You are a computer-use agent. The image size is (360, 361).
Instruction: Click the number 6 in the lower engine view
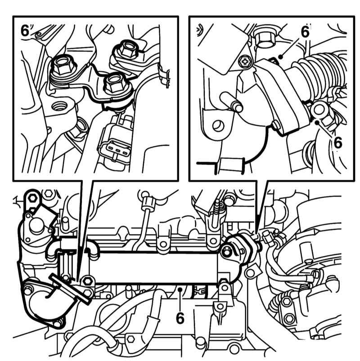click(x=180, y=318)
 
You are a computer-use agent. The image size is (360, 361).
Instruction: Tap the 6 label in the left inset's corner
click(x=25, y=31)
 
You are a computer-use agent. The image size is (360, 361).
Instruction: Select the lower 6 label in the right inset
click(x=337, y=143)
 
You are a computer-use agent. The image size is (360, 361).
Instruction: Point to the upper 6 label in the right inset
click(x=305, y=31)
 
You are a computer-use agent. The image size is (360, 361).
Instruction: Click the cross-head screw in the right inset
click(x=245, y=62)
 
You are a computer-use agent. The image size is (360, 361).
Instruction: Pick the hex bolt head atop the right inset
click(x=265, y=39)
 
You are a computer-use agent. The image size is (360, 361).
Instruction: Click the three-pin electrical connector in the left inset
click(x=115, y=147)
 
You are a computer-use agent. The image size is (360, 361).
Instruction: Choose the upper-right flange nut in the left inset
click(x=125, y=50)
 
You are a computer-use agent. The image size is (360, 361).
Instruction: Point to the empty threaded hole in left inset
click(x=60, y=107)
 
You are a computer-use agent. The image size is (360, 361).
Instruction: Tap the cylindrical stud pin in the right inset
click(x=231, y=102)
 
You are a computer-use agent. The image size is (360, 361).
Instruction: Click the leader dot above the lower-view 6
click(x=180, y=289)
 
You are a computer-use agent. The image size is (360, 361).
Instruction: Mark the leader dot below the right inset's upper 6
click(x=280, y=56)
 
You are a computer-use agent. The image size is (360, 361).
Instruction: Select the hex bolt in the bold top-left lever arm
click(x=32, y=198)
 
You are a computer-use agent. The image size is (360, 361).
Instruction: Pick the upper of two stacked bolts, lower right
click(x=287, y=301)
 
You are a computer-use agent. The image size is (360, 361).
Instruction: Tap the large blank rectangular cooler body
click(x=153, y=268)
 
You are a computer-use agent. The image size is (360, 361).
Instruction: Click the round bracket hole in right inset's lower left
click(x=218, y=125)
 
